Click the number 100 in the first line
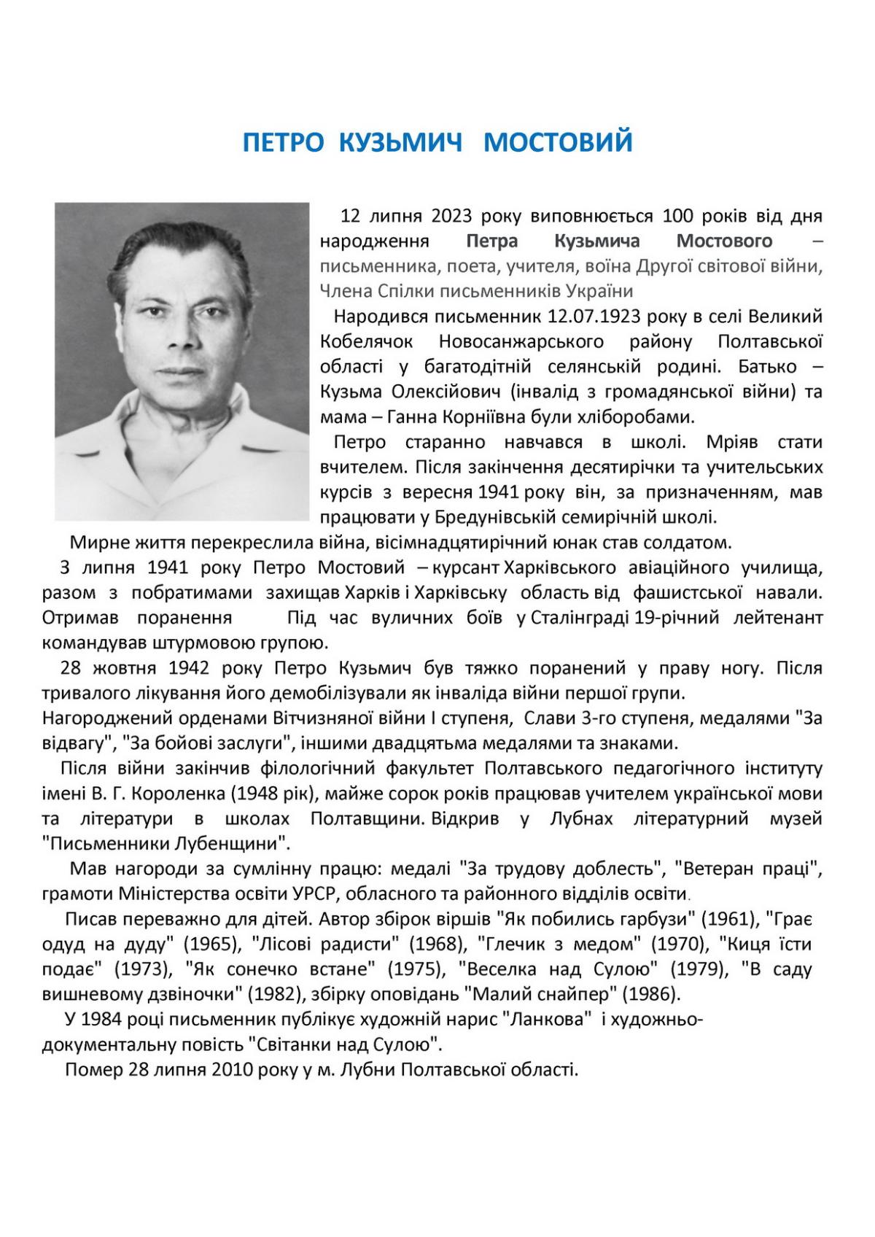click(677, 217)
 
